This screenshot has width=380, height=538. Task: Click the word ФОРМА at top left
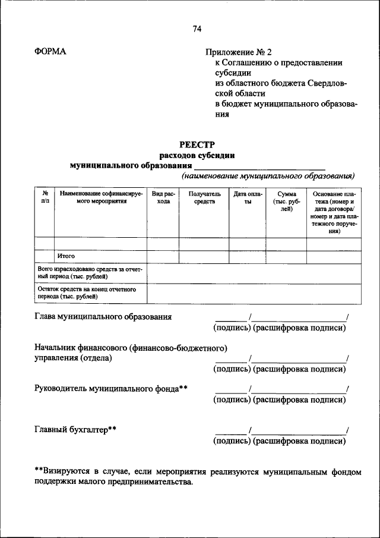click(x=50, y=52)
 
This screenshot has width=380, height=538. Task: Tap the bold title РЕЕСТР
click(x=197, y=144)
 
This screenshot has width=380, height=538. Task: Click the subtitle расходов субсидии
click(x=197, y=155)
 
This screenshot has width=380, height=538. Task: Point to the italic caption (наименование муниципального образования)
click(x=268, y=176)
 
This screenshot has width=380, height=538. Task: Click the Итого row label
click(x=66, y=256)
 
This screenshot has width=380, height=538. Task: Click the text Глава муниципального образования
click(x=103, y=317)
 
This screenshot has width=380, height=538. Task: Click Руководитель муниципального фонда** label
click(x=111, y=388)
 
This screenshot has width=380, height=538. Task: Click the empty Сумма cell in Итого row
click(x=286, y=257)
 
